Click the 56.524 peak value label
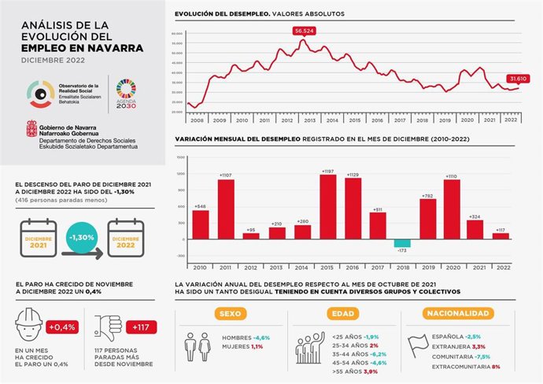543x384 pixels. click(304, 31)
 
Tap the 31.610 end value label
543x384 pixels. click(518, 79)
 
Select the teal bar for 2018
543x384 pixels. click(402, 243)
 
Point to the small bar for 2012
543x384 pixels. click(251, 235)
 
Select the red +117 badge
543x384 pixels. click(140, 327)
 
